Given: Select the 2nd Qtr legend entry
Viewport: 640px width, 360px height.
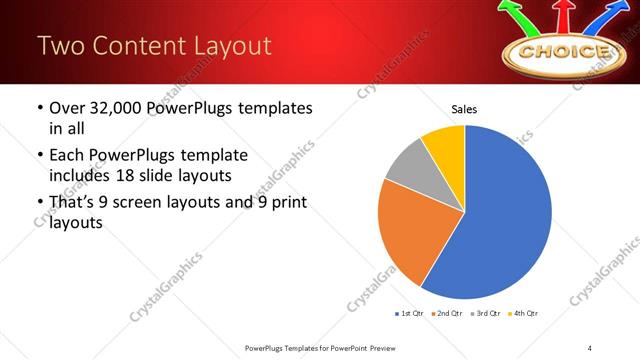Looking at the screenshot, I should click(x=446, y=314).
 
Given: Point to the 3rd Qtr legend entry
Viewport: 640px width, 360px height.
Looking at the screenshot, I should click(x=484, y=314).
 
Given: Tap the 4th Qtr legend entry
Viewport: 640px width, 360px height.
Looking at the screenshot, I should click(x=522, y=314).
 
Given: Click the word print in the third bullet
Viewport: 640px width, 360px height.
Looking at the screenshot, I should click(x=286, y=203).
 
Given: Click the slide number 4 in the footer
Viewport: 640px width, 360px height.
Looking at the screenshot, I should click(x=590, y=347).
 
